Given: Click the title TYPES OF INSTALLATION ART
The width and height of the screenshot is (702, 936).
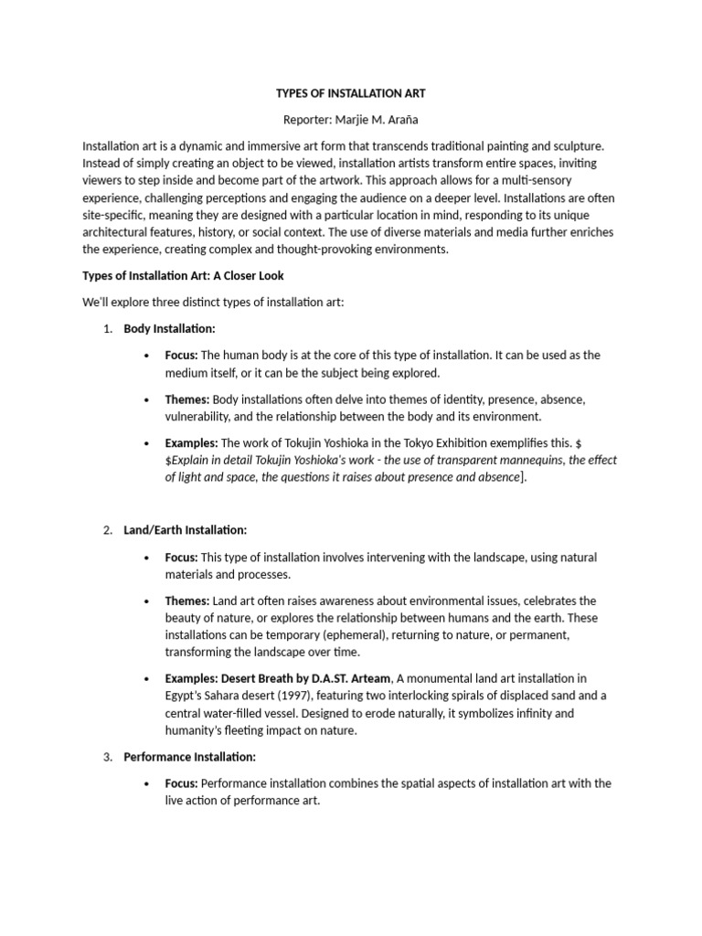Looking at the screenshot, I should tap(351, 93).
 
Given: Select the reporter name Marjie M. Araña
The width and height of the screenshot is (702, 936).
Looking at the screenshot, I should tap(351, 120).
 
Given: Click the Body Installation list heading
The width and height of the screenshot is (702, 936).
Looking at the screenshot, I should tap(169, 328).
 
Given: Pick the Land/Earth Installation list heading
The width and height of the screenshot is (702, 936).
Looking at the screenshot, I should tap(185, 530).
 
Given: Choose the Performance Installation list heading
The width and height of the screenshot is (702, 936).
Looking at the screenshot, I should tap(189, 757).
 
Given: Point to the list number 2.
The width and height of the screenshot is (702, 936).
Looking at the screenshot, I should tap(107, 530).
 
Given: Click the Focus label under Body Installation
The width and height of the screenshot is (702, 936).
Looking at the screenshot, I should tap(181, 355).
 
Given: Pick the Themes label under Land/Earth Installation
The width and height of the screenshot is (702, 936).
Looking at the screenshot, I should tap(187, 601).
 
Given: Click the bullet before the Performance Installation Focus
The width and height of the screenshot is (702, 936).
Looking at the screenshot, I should tap(147, 783).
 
